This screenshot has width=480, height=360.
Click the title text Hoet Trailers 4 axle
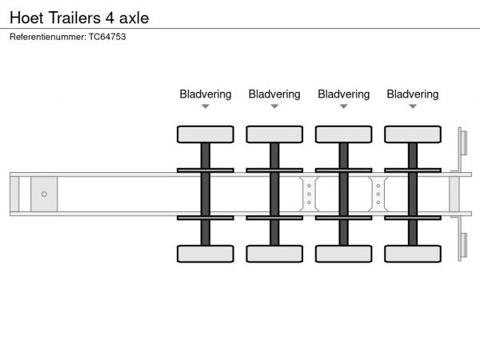pos(79,16)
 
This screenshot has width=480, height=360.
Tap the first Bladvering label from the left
pos(206,94)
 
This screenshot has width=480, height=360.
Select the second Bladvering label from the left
pos(274,94)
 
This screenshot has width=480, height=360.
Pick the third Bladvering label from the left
pos(343,94)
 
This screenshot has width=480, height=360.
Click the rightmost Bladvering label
pos(412,94)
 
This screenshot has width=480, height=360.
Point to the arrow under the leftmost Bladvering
pos(206,106)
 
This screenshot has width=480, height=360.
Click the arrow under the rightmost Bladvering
pos(413,106)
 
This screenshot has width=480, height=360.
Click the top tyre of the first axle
pos(206,134)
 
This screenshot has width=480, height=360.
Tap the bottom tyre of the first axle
pos(206,254)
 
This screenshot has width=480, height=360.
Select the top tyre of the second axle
pos(274,134)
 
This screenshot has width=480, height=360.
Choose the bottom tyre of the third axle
pos(343,254)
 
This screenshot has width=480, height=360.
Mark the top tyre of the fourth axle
pos(412,134)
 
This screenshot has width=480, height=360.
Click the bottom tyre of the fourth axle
pos(412,254)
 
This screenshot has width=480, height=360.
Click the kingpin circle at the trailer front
pos(44,194)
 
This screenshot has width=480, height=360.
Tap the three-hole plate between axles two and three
pos(309,194)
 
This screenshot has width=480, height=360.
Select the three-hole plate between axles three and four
pos(378,194)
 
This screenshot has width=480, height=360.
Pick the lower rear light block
pos(463,246)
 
